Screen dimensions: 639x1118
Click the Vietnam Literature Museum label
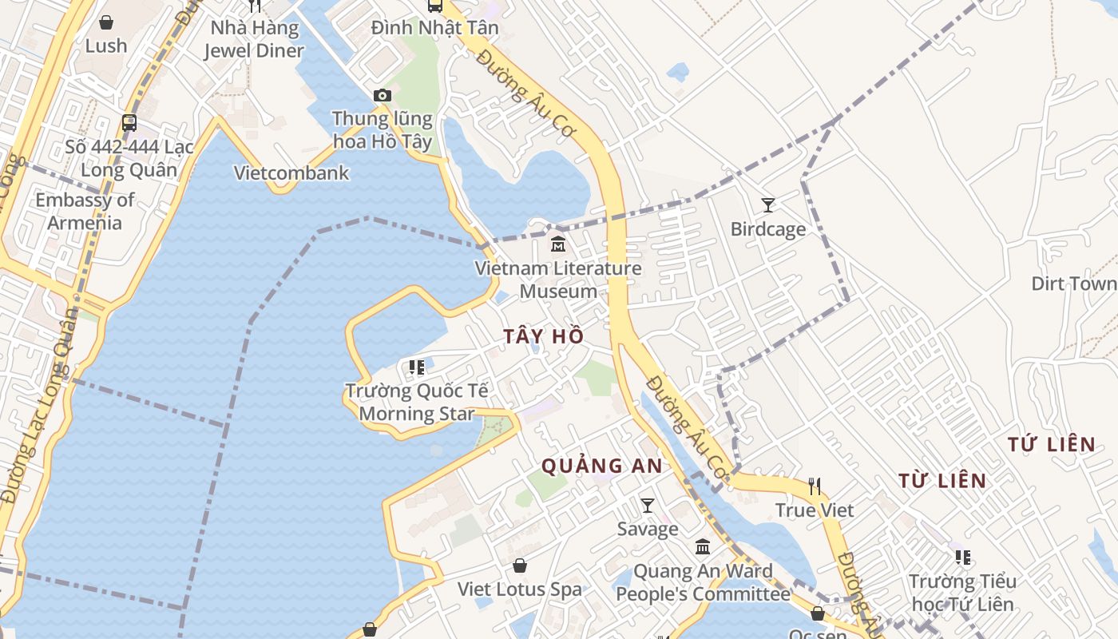coord(558,280)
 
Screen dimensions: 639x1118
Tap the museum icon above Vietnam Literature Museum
coord(558,244)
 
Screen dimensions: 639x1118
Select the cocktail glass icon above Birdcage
coord(768,205)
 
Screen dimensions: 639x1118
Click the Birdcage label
coord(768,229)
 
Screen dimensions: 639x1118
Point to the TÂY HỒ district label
coord(544,336)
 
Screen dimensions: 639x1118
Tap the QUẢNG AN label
coord(602,466)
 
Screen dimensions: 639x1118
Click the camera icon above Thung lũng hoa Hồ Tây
coord(383,96)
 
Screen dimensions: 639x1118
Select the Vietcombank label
coord(291,173)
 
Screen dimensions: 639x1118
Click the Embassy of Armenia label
coord(85,211)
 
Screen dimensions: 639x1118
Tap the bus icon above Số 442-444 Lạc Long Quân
coord(129,123)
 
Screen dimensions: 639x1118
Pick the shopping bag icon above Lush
coord(106,22)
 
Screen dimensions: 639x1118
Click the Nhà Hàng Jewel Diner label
coord(254,39)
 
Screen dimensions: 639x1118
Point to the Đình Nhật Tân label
coord(435,28)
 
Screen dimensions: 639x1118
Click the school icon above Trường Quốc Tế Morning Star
coord(417,367)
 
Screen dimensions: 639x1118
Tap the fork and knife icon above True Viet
coord(815,486)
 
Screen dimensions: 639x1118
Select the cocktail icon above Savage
coord(648,505)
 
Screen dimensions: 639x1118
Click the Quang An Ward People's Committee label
coord(703,582)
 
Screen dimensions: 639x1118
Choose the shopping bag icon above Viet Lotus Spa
coord(520,566)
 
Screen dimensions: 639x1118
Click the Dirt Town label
coord(1073,284)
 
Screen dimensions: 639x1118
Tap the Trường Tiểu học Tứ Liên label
coord(962,593)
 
